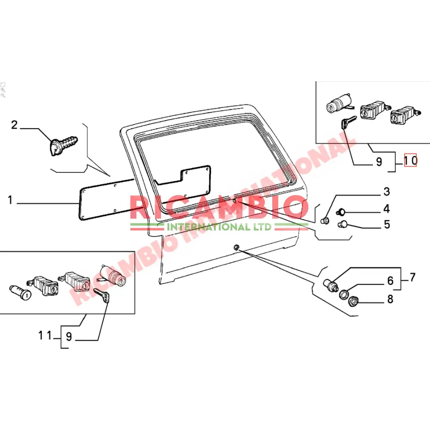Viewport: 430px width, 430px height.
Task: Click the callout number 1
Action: click(11, 200)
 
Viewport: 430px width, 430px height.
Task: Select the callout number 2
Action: click(15, 125)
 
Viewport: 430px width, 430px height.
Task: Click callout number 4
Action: click(387, 209)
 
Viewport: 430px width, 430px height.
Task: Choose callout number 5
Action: click(387, 224)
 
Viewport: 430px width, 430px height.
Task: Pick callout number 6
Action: click(390, 281)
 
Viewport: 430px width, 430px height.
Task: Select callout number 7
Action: click(412, 277)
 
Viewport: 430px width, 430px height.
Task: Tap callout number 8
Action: click(390, 299)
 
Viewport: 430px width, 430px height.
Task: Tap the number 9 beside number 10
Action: click(378, 162)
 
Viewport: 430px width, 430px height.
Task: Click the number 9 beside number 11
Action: click(69, 339)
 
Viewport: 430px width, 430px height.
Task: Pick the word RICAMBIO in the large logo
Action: click(219, 209)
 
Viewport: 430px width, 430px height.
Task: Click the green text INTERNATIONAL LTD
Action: click(219, 227)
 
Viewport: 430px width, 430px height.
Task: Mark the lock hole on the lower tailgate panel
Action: click(236, 247)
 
